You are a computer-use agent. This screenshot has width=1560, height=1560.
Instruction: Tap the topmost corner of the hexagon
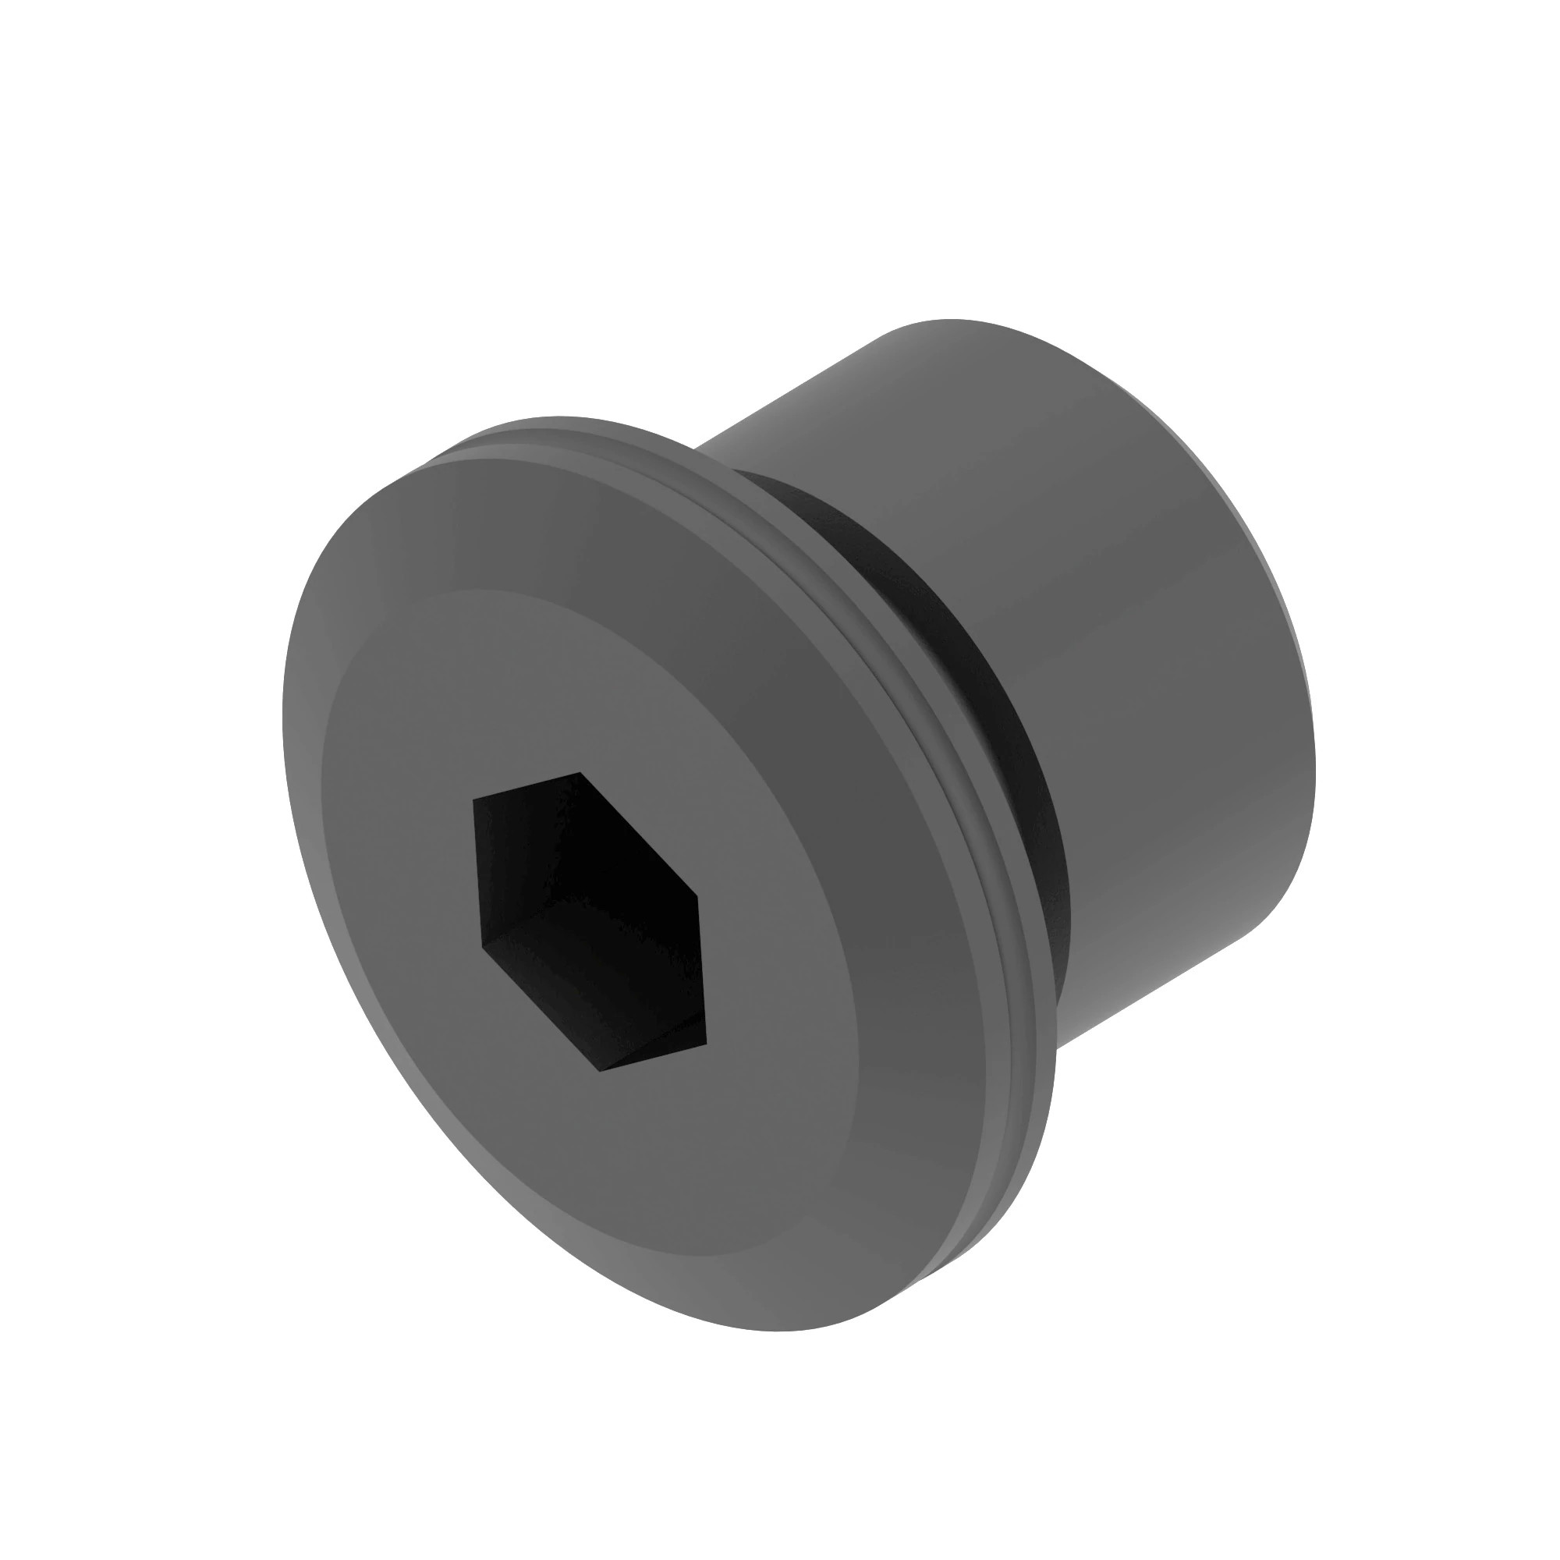tap(580, 773)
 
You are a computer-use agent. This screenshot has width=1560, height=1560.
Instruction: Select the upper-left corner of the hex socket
tap(474, 799)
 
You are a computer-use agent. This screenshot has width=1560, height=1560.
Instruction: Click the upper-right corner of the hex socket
tap(696, 895)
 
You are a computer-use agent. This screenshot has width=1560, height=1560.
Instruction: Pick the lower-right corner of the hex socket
tap(707, 1041)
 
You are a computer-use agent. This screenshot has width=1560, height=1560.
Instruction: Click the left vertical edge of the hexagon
tap(478, 872)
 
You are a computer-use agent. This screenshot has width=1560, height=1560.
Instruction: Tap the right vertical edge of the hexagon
tap(701, 969)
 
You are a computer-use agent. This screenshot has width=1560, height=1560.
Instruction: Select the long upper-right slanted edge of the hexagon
tap(638, 833)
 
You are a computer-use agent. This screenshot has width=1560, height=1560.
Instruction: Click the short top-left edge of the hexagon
tap(526, 785)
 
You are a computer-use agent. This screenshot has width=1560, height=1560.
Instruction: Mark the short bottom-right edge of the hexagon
tap(652, 1056)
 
